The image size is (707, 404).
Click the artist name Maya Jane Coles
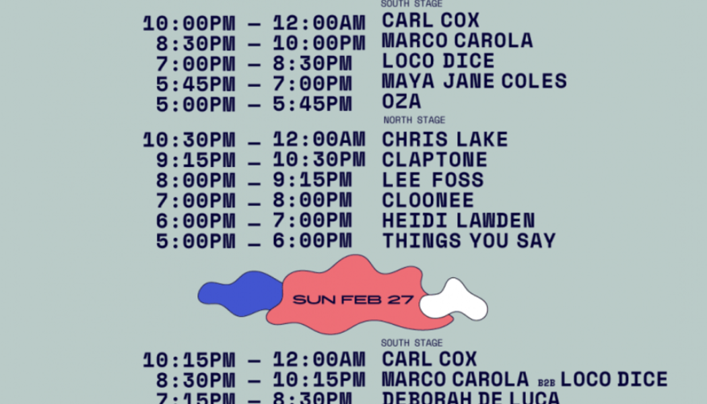[474, 81]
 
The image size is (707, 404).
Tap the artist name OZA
[401, 102]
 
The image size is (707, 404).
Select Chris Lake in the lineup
[445, 140]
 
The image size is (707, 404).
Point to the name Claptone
[434, 160]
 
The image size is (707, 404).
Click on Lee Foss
[432, 180]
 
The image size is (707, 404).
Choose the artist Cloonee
[428, 200]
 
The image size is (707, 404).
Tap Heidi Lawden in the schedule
[459, 220]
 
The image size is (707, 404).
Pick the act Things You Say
[469, 240]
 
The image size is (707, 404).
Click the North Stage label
[414, 121]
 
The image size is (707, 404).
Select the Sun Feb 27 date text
[353, 299]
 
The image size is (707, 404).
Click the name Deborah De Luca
[471, 398]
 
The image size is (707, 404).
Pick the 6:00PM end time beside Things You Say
[312, 240]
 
